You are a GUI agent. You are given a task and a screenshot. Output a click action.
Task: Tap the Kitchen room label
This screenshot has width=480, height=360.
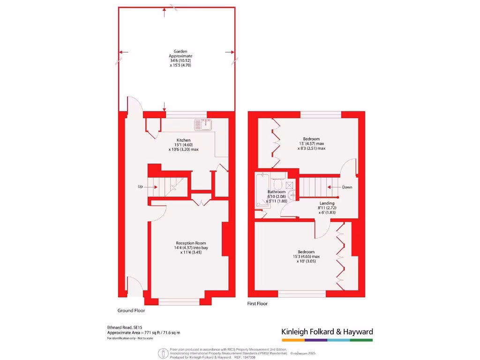[x=183, y=140]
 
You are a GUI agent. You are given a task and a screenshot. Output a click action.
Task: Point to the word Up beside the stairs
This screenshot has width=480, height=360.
[x=140, y=187]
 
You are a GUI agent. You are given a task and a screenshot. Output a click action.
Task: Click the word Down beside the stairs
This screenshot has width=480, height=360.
[x=347, y=187]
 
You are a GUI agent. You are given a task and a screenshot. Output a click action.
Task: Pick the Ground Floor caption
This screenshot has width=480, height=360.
[x=131, y=310]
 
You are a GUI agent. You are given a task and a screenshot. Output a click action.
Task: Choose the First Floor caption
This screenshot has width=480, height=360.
[x=257, y=304]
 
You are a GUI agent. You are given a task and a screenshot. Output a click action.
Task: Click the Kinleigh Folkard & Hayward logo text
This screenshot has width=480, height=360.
[x=327, y=332]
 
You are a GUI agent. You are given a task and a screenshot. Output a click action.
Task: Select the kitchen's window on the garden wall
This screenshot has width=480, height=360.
[x=186, y=114]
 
